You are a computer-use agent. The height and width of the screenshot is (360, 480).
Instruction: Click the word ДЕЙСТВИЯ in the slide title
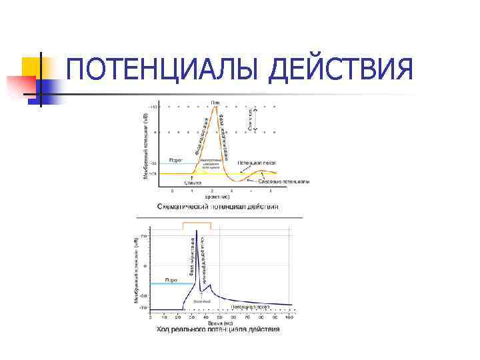tap(340, 70)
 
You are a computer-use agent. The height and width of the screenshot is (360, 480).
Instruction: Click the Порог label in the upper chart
tap(176, 160)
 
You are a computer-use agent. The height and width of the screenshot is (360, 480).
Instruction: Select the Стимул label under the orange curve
tap(193, 181)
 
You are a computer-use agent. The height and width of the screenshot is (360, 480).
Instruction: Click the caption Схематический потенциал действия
tap(218, 207)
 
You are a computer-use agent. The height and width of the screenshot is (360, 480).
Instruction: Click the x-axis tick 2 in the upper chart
tap(212, 191)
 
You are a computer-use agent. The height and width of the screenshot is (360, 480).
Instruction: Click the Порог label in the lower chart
tap(171, 279)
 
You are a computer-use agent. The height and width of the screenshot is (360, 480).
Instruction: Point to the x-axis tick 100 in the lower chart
tap(289, 316)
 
